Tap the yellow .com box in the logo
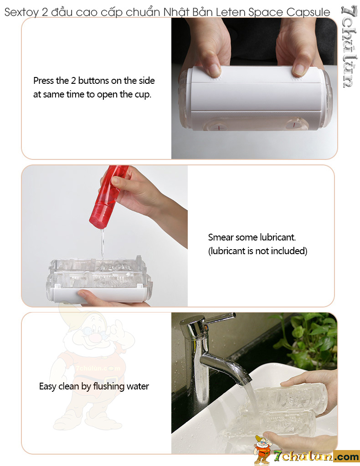click(346, 457)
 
